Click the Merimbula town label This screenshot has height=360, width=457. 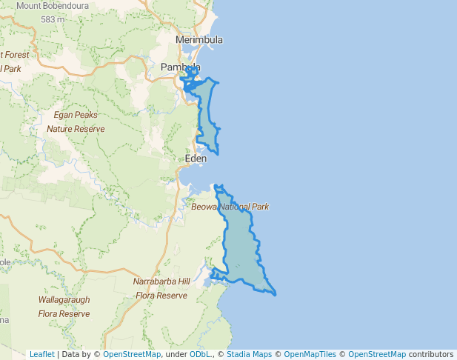click(199, 39)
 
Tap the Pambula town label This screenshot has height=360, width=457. click(181, 67)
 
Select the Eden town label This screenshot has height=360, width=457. click(196, 159)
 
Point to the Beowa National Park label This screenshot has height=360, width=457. click(230, 207)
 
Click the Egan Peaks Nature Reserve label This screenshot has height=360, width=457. click(76, 121)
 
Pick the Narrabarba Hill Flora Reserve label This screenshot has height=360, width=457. click(161, 288)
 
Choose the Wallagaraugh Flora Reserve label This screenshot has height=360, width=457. click(64, 307)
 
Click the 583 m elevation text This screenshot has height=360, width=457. click(53, 19)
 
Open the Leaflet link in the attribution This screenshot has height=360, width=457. click(41, 354)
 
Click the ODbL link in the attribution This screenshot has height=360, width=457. click(200, 354)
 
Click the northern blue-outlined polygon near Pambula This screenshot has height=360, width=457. click(207, 111)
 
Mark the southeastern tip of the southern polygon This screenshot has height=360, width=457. click(276, 294)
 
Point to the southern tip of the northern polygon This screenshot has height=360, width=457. click(217, 153)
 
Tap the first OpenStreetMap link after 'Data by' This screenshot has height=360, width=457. click(132, 354)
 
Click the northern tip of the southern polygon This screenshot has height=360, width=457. click(216, 186)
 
